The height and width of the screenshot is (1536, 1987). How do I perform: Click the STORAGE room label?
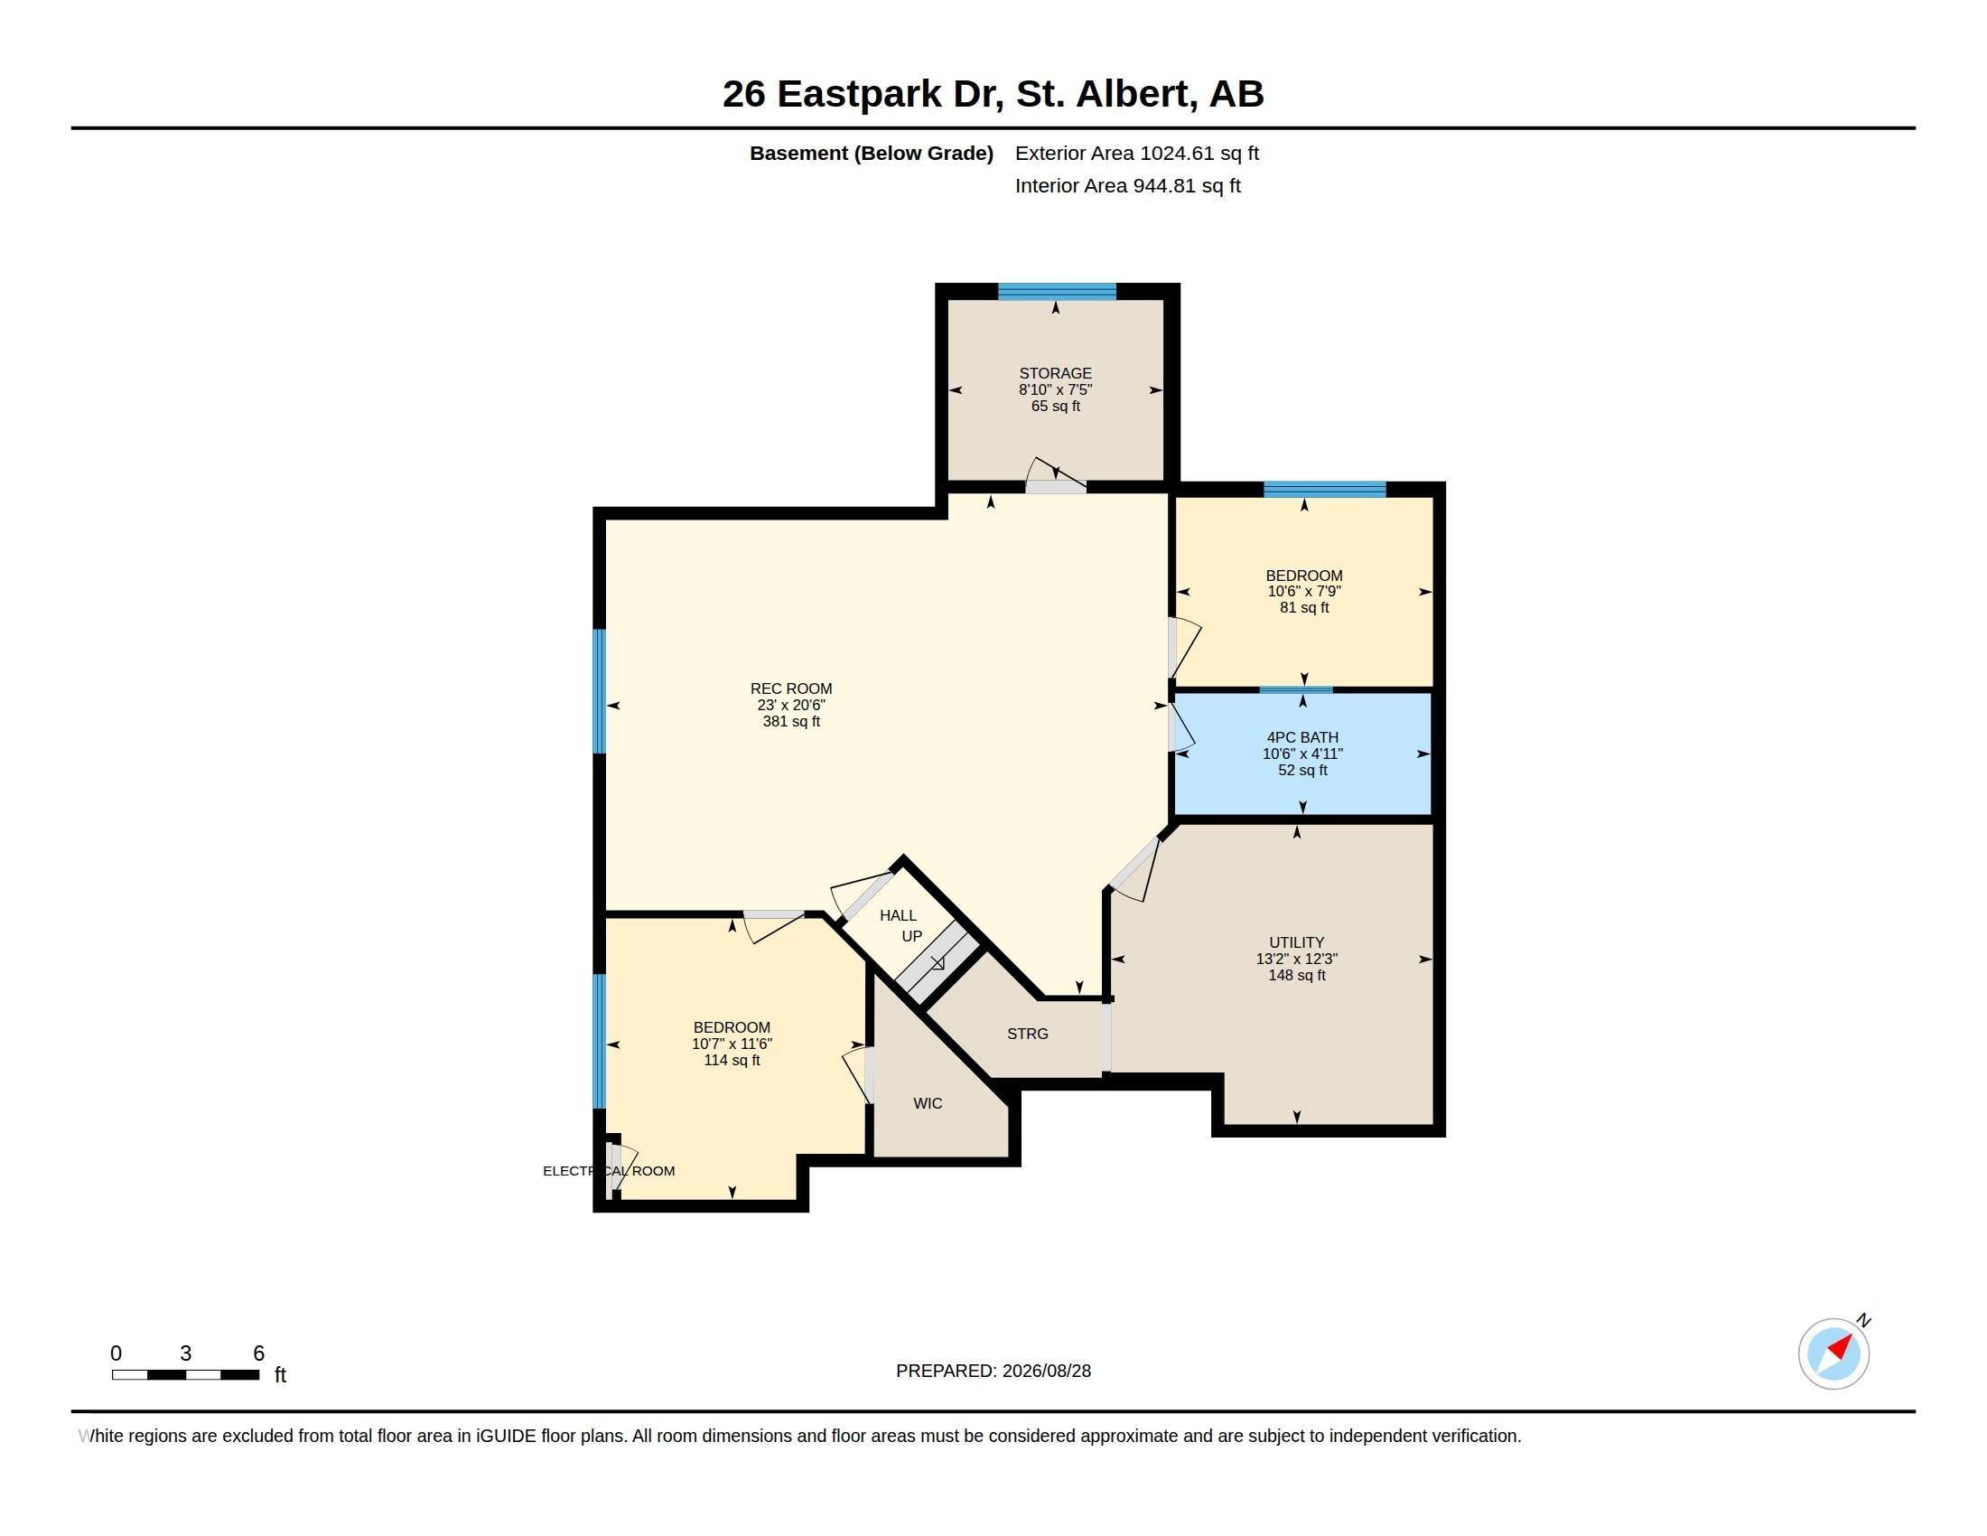tap(1055, 373)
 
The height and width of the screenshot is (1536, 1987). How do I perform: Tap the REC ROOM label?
tap(790, 688)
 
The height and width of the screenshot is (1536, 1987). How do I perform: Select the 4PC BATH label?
tap(1301, 737)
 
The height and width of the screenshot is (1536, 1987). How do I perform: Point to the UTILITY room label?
tap(1296, 942)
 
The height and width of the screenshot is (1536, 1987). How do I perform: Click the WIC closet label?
tap(927, 1104)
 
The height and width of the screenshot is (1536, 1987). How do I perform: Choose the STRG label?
tap(1027, 1034)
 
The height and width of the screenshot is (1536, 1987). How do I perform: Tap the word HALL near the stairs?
tap(898, 915)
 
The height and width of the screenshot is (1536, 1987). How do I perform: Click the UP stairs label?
tap(911, 936)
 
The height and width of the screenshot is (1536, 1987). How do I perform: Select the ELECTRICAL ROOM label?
tap(609, 1171)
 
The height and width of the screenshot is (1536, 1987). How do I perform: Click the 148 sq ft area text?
tap(1296, 976)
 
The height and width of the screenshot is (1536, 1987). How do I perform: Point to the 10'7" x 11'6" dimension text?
tap(732, 1044)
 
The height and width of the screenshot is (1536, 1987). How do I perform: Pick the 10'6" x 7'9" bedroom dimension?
tap(1303, 592)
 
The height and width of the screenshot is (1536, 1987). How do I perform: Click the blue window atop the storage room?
tap(1057, 292)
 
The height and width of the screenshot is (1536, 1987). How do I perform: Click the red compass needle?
tap(1841, 1345)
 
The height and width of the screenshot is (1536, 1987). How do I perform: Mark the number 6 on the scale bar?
tap(258, 1353)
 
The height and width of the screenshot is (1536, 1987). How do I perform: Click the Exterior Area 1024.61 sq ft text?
tap(1136, 153)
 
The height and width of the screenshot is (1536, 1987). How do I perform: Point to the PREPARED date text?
tap(993, 1371)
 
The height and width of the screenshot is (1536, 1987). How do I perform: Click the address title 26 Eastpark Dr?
tap(863, 94)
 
